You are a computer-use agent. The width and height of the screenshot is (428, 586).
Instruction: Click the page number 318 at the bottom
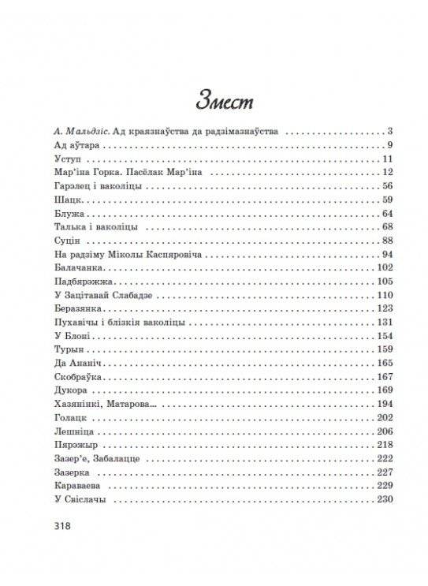60,525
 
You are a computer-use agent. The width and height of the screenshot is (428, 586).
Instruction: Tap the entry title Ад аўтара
66,146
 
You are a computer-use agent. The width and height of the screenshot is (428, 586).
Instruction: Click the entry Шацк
59,200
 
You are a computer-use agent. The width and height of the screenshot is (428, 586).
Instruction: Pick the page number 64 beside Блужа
385,214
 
